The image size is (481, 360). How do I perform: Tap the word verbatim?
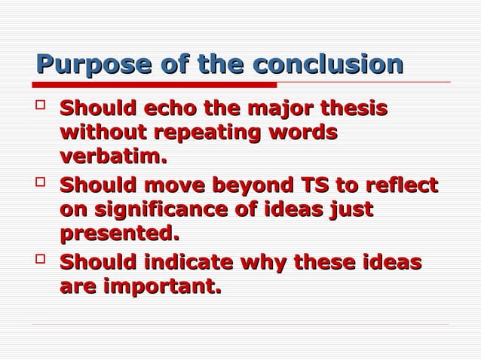112,158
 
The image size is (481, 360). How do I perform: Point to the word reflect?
403,186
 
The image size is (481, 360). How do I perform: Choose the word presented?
119,234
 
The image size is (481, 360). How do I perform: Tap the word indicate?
182,263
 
